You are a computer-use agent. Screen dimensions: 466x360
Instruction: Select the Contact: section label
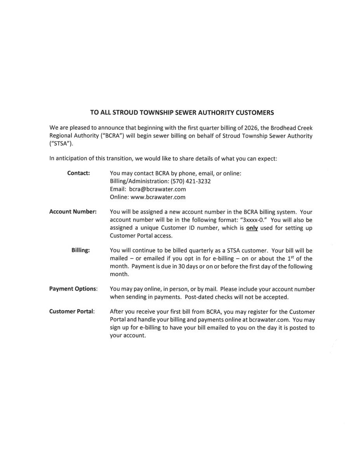78,173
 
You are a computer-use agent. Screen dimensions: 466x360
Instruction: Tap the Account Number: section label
73,212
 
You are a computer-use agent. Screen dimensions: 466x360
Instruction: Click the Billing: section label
80,250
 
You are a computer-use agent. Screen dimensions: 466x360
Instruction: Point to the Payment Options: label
73,289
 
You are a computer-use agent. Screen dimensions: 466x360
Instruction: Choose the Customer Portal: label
72,311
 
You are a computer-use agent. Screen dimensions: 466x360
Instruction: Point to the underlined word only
252,228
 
